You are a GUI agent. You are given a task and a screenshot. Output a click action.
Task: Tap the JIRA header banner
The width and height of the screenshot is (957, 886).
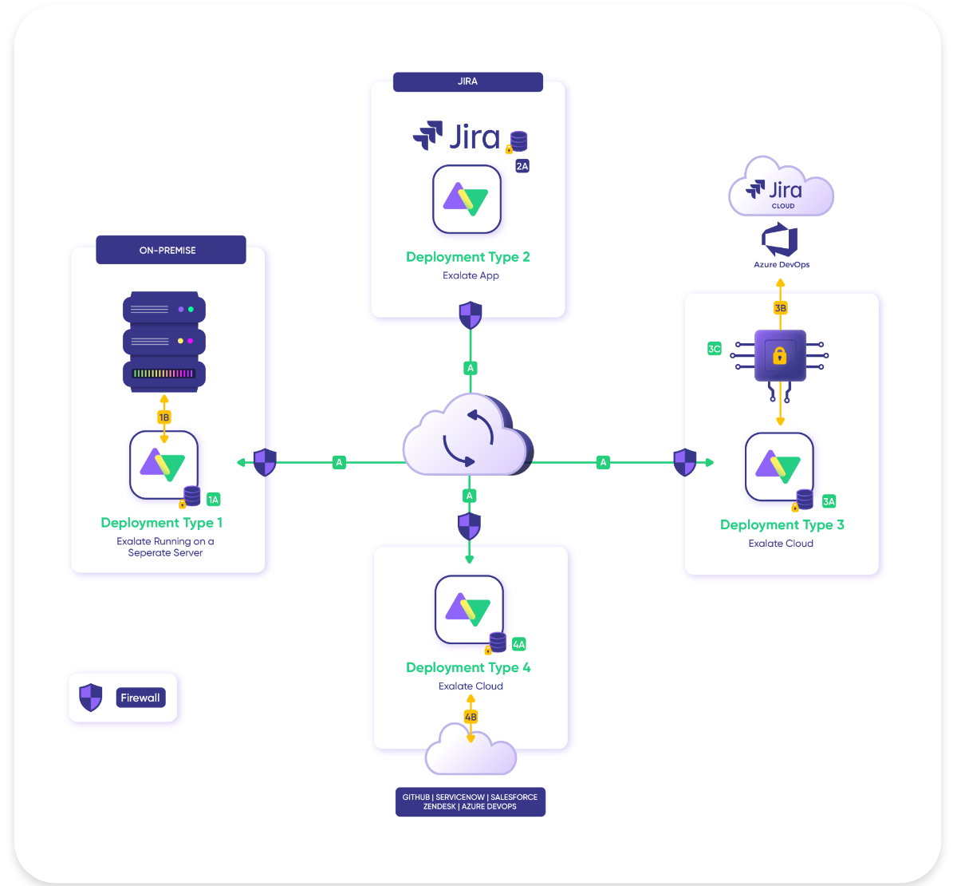(x=468, y=81)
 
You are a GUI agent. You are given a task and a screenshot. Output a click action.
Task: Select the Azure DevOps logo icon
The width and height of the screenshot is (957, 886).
(x=780, y=240)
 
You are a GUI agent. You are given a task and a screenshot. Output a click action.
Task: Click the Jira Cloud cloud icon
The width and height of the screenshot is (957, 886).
(x=781, y=188)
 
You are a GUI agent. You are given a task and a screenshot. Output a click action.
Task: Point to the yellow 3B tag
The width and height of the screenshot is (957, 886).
(x=781, y=307)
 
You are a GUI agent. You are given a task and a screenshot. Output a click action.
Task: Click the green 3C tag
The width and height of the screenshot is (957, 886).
(x=715, y=349)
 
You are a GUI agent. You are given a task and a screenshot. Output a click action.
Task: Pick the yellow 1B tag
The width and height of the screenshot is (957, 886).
(x=164, y=417)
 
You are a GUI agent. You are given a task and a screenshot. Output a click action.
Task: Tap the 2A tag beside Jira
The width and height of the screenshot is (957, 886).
(x=522, y=166)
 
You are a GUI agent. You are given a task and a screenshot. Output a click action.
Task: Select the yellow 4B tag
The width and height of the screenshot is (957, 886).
(x=471, y=717)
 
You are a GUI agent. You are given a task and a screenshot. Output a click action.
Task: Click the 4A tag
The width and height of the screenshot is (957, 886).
(x=519, y=644)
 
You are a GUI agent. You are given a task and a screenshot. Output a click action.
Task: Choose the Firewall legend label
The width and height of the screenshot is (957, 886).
(x=140, y=698)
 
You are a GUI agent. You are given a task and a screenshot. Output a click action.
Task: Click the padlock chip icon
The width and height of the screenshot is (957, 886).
(x=780, y=355)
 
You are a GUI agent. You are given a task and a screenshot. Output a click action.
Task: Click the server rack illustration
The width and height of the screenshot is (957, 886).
(x=164, y=341)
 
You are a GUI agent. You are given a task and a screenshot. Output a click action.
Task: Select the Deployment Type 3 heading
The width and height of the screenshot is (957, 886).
(x=782, y=524)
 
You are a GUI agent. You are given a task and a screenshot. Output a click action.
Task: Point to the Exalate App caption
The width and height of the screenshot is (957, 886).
(x=471, y=275)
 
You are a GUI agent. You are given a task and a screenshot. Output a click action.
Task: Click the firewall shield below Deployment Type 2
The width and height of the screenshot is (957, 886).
(x=471, y=315)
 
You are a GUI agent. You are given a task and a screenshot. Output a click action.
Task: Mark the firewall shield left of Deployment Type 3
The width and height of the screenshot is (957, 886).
(x=685, y=462)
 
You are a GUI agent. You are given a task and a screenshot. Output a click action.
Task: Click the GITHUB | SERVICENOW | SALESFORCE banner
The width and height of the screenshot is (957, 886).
(x=471, y=801)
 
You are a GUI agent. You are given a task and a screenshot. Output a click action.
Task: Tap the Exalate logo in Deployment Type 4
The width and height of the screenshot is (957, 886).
(x=469, y=610)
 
